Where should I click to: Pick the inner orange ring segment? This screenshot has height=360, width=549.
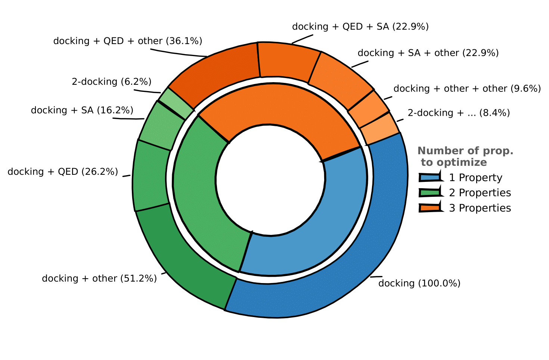(276, 105)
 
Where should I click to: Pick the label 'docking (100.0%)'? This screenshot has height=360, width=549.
(419, 283)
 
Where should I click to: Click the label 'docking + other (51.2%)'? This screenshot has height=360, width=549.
(99, 279)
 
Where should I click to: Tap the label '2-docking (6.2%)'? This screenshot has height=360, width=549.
(111, 82)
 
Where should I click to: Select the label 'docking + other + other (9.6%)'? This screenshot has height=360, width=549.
(467, 89)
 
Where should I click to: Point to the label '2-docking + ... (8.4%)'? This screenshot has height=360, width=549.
(459, 113)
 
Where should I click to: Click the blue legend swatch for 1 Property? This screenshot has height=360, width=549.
(429, 178)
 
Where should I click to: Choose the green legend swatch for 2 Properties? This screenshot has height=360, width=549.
(429, 193)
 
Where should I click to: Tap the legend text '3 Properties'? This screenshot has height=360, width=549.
(480, 208)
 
